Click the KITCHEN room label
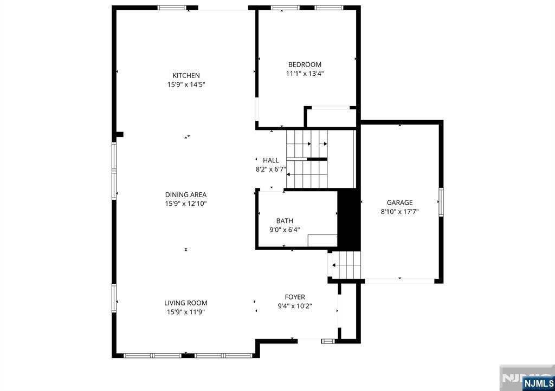(186, 75)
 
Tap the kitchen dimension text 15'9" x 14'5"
(186, 84)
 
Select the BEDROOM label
(305, 64)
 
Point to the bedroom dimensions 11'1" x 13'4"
(305, 74)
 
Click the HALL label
(271, 160)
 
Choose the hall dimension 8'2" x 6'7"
(270, 169)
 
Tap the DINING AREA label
(186, 194)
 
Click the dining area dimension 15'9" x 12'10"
(186, 204)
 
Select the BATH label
(285, 220)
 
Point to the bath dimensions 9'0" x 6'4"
(285, 229)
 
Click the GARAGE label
(399, 203)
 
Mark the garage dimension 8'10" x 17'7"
(399, 212)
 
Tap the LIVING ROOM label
(186, 303)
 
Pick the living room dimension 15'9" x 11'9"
(186, 312)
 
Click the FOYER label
(295, 297)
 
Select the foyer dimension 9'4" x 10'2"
(295, 306)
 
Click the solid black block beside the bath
(349, 219)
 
